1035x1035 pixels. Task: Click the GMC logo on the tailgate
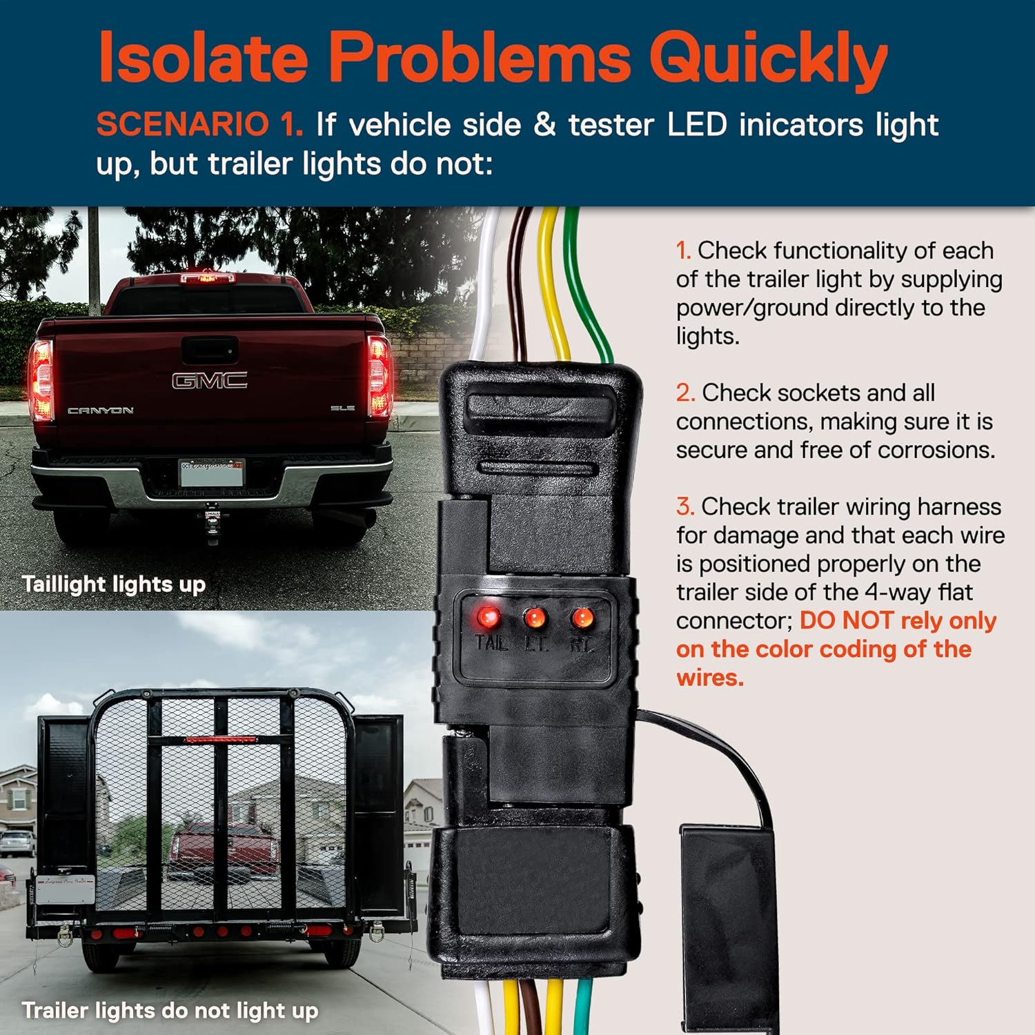tap(210, 379)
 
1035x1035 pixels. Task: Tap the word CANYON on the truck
tap(101, 411)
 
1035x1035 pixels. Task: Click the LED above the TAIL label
tap(488, 616)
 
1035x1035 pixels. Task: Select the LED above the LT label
tap(535, 618)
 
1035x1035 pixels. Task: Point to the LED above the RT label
tap(582, 618)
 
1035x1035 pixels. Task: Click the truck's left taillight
tap(41, 379)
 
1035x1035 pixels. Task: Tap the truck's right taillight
tap(379, 375)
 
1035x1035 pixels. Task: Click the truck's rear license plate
tap(211, 473)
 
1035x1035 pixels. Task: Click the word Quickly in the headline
tap(768, 57)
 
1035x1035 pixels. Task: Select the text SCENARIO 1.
tap(199, 124)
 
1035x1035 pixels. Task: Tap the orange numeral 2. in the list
tap(685, 393)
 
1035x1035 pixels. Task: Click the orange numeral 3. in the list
tap(685, 506)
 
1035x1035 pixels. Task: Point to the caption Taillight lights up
tap(114, 584)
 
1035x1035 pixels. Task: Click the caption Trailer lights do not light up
tap(170, 1011)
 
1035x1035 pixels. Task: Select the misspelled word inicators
tap(800, 125)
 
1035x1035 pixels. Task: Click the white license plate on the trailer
tap(65, 889)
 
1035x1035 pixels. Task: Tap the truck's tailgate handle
tap(210, 350)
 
